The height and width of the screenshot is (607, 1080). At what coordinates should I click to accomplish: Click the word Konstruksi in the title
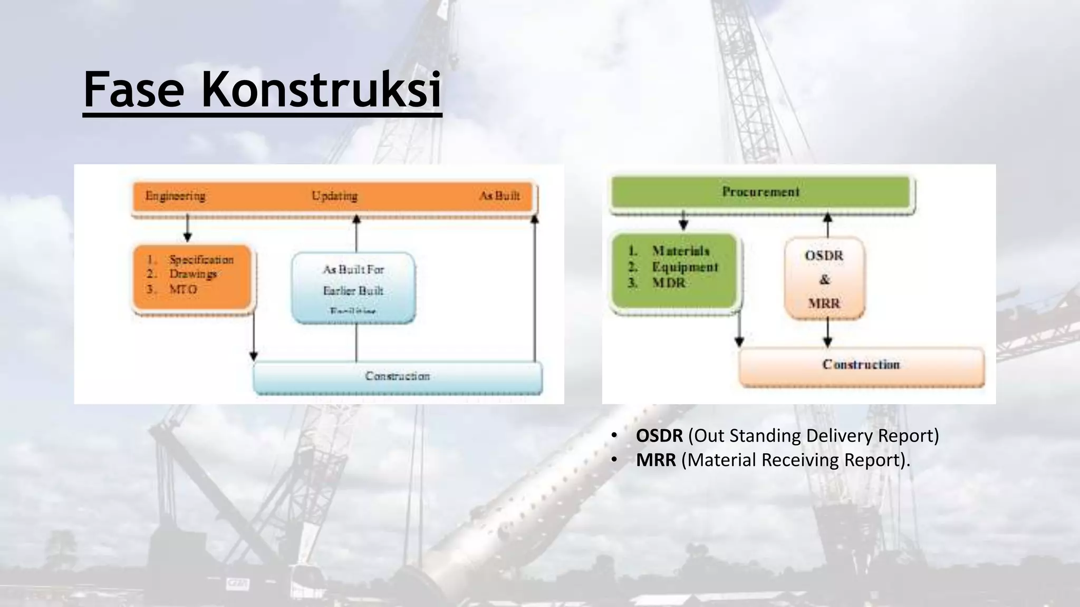click(321, 90)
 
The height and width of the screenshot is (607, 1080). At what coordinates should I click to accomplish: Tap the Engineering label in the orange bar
click(175, 196)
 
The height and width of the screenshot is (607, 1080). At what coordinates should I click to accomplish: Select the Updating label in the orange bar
click(334, 196)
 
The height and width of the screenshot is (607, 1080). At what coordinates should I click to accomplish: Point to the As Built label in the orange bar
click(499, 196)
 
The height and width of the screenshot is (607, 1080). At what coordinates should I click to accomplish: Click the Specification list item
click(201, 260)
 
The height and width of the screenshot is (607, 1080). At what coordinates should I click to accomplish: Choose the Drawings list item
click(193, 274)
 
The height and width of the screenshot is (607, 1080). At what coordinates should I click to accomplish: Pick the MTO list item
click(183, 289)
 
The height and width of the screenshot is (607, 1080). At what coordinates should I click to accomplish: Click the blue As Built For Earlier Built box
click(353, 287)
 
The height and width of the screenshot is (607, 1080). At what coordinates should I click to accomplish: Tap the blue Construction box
click(398, 376)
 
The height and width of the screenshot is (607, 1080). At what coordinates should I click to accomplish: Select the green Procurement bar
click(760, 192)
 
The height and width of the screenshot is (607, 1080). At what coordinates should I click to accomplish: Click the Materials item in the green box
click(680, 251)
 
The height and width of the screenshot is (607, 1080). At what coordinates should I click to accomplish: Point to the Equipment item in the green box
click(685, 267)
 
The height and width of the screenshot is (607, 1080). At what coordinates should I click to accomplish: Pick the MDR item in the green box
click(669, 283)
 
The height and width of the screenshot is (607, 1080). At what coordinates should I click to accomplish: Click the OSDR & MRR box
click(824, 279)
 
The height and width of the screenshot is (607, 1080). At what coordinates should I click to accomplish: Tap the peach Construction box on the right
click(861, 365)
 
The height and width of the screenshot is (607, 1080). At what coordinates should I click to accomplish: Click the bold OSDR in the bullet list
click(659, 436)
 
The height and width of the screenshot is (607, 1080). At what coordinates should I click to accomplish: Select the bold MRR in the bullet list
click(655, 460)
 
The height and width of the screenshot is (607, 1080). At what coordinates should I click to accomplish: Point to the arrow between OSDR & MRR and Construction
click(827, 333)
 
